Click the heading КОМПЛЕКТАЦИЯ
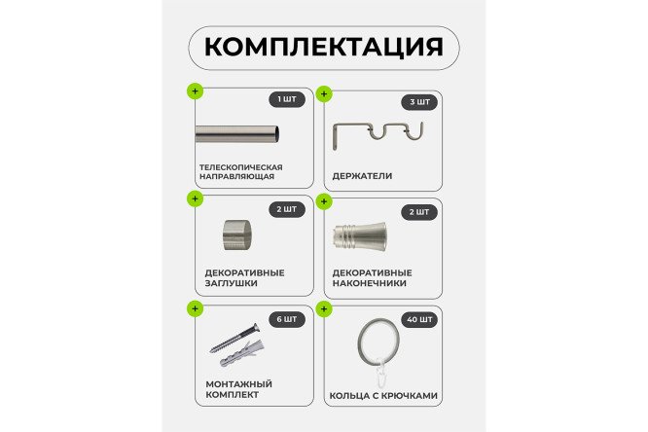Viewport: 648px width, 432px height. point(323,47)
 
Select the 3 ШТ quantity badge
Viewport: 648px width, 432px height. point(419,102)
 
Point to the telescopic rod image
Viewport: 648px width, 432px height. point(238,133)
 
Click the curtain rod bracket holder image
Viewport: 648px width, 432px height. point(379,136)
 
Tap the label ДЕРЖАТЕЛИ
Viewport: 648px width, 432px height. point(362,176)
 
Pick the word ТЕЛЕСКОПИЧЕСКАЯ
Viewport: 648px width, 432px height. point(240,166)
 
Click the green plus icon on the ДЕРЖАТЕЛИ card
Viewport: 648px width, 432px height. point(325,94)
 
